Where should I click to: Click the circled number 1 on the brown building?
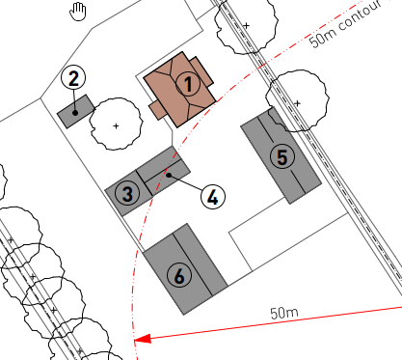point(188,84)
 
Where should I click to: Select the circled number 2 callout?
point(73,78)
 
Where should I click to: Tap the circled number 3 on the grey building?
point(127,194)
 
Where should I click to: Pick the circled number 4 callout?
point(213,197)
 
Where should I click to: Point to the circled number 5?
point(282,157)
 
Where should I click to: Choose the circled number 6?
point(179,275)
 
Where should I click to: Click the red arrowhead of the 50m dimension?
point(143,339)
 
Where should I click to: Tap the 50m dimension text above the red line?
point(284,313)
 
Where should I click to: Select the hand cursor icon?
point(78,12)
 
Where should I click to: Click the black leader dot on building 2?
point(75,113)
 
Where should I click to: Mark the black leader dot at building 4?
point(169,175)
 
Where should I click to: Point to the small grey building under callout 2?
point(76,111)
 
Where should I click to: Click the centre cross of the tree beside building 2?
point(116,125)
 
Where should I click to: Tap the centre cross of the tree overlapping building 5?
point(297,103)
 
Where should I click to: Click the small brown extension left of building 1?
point(158,110)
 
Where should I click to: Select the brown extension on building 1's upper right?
point(201,71)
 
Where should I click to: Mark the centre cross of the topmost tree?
point(247,25)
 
